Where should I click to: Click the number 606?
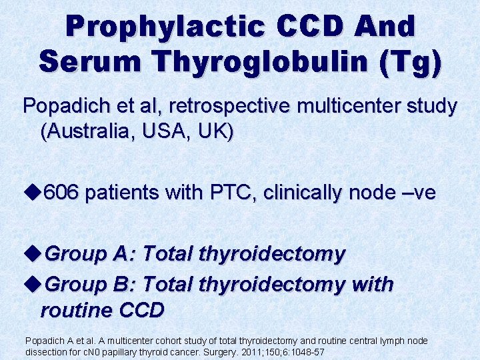tap(61, 193)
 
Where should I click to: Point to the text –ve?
tap(418, 193)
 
